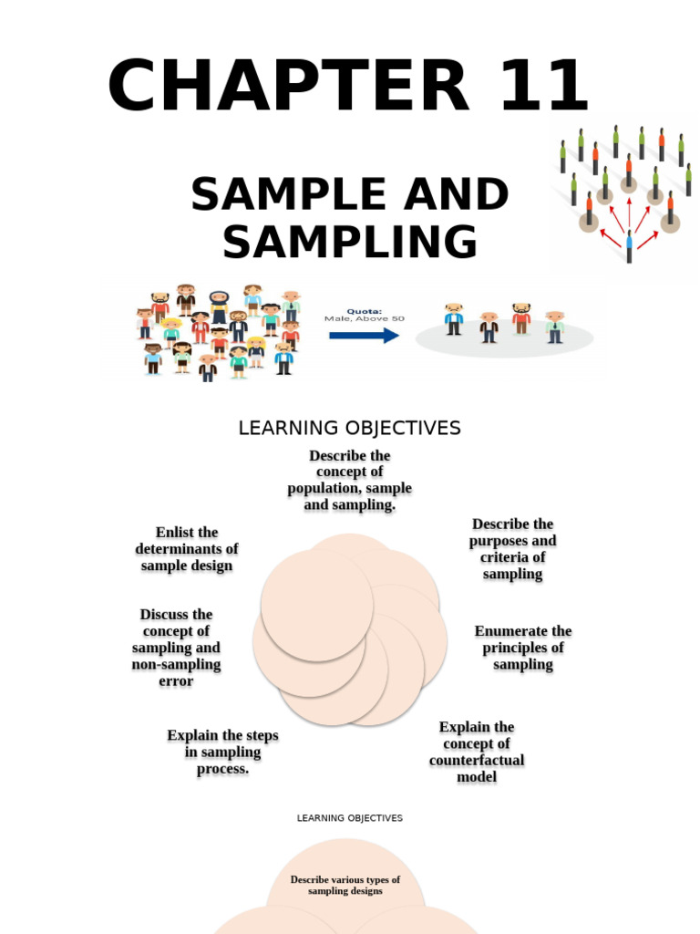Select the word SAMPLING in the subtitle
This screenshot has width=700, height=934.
point(350,243)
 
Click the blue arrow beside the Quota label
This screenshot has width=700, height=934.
point(364,335)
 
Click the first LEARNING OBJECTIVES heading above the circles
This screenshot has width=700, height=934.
point(349,428)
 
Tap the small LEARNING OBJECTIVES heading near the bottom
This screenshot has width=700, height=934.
point(349,818)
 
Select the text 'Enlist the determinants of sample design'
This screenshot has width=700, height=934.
point(187,549)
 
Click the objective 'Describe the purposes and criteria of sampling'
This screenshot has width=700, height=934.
point(512,549)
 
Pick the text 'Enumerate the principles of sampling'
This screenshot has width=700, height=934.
point(523,648)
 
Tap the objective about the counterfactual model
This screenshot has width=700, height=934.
point(477,752)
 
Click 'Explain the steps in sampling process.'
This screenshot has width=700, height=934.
point(222,752)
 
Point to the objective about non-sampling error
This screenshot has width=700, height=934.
point(176,648)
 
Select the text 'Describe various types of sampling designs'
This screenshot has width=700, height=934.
point(345,885)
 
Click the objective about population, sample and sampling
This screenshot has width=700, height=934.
point(350,480)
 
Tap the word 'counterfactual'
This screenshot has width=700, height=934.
point(477,761)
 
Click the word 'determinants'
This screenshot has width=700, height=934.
point(187,549)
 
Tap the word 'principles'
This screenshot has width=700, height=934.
point(523,648)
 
